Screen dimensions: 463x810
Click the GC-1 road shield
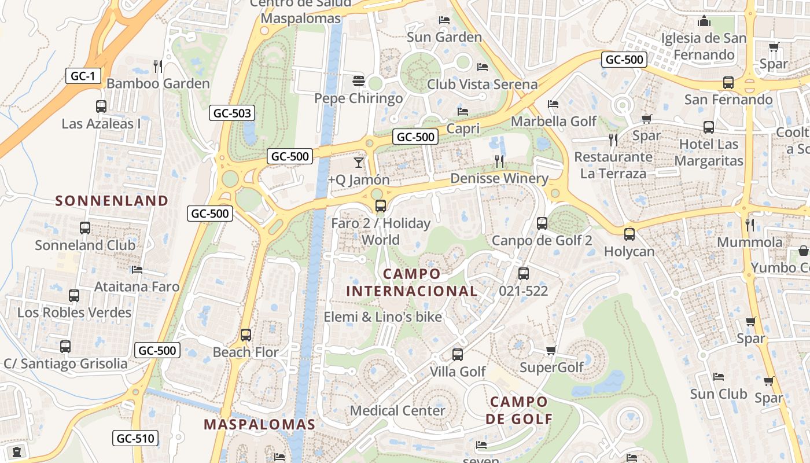coord(83,75)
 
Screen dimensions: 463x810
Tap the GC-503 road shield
coord(232,113)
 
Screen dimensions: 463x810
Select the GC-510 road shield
coord(136,438)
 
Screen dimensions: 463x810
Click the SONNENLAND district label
coord(112,201)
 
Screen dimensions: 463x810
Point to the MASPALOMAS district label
coord(260,424)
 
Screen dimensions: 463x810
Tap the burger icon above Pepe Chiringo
coord(359,80)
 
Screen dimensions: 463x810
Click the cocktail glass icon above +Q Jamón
coord(359,163)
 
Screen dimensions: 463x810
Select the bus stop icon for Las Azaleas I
coord(101,106)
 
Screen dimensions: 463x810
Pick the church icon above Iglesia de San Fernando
coord(704,21)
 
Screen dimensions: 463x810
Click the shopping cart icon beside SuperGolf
coord(551,350)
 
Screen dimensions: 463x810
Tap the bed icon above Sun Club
coord(719,377)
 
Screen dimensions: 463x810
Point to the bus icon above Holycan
coord(629,234)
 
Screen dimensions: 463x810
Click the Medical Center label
coord(397,410)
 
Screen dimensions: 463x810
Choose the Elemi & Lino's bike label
coord(382,317)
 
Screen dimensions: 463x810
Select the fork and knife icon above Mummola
coord(750,225)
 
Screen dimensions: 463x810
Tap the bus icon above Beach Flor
coord(246,335)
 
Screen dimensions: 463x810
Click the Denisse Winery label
coord(499,178)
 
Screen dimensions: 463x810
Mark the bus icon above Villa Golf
coord(458,354)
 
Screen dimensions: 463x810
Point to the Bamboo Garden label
coord(158,83)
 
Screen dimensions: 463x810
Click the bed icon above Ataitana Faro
coord(137,270)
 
